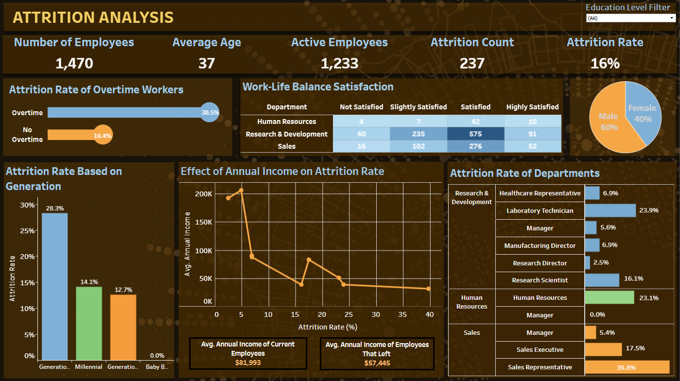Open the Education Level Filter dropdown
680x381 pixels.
pyautogui.click(x=630, y=18)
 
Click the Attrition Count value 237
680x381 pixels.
pyautogui.click(x=472, y=63)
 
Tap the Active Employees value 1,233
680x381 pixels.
pyautogui.click(x=339, y=63)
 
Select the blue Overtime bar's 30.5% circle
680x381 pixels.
pyautogui.click(x=209, y=113)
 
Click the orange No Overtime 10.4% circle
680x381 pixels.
pyautogui.click(x=103, y=136)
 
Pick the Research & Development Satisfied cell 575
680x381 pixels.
pyautogui.click(x=475, y=134)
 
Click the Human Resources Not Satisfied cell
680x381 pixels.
pyautogui.click(x=361, y=121)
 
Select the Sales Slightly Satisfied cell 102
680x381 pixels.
pyautogui.click(x=418, y=146)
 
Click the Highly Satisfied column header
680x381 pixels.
pyautogui.click(x=532, y=107)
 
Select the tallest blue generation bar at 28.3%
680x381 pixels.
pyautogui.click(x=54, y=287)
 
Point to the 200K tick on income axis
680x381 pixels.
pyautogui.click(x=203, y=194)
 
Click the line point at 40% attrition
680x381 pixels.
pyautogui.click(x=428, y=289)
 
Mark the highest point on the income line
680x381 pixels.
pyautogui.click(x=241, y=190)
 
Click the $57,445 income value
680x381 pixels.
pyautogui.click(x=377, y=363)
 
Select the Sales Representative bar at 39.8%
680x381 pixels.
pyautogui.click(x=627, y=367)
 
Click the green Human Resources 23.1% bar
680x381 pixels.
pyautogui.click(x=610, y=297)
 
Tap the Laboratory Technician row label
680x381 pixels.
pyautogui.click(x=540, y=211)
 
